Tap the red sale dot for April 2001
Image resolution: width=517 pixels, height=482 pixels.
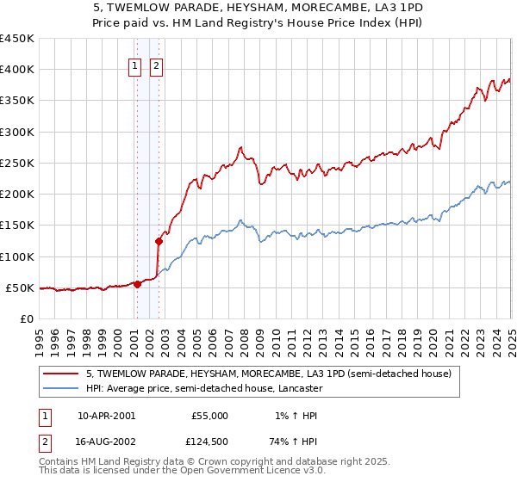(137, 284)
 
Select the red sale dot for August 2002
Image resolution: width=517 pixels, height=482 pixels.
(159, 241)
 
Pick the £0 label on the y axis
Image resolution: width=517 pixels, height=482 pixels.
(28, 318)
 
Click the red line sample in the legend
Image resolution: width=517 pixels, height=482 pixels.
(62, 374)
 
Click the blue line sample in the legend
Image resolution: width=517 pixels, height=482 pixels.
(62, 388)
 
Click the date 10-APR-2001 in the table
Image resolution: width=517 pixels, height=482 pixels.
(106, 416)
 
